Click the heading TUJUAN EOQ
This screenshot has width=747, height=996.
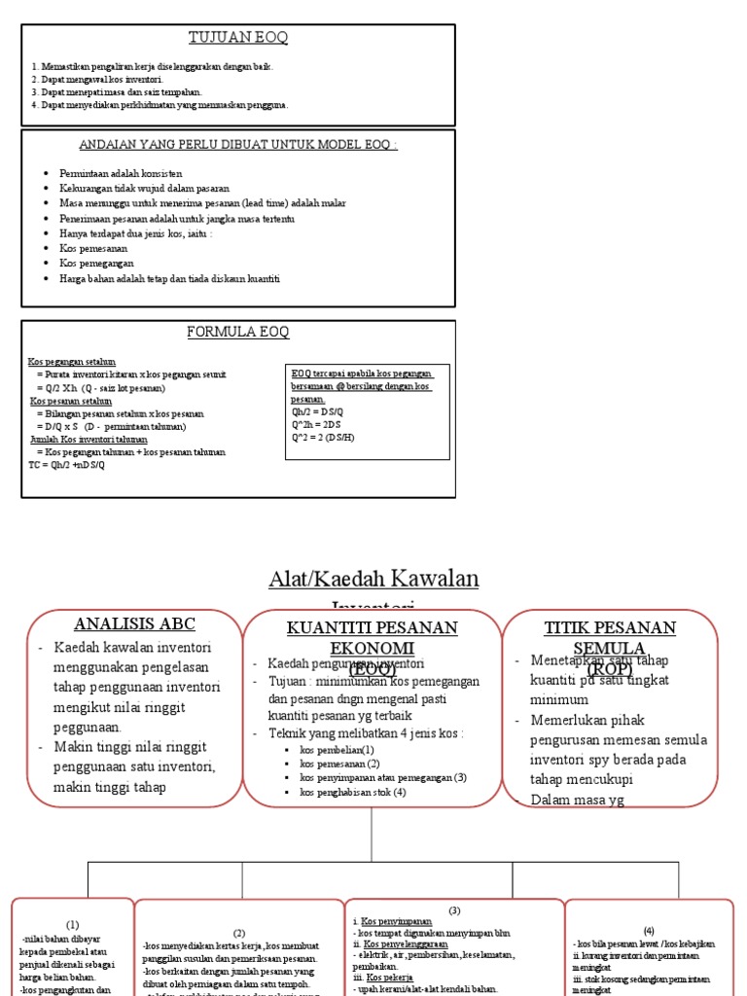(x=238, y=38)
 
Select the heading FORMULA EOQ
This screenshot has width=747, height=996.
(x=238, y=333)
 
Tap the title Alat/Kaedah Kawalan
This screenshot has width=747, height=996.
(x=373, y=579)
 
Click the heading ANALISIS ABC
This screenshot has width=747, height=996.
(x=136, y=624)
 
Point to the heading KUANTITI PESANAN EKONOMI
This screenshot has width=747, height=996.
(x=373, y=638)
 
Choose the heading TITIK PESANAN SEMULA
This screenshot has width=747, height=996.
(x=609, y=638)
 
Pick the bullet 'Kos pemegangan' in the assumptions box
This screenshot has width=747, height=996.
(x=96, y=263)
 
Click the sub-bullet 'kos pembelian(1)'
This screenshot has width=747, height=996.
(x=337, y=749)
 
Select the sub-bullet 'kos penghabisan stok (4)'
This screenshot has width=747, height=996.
(x=352, y=792)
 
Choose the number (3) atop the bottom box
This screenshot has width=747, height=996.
(x=454, y=909)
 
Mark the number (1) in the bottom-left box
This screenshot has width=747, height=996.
(x=73, y=923)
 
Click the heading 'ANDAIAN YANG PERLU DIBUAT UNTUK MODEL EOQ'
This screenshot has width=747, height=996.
(x=238, y=145)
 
